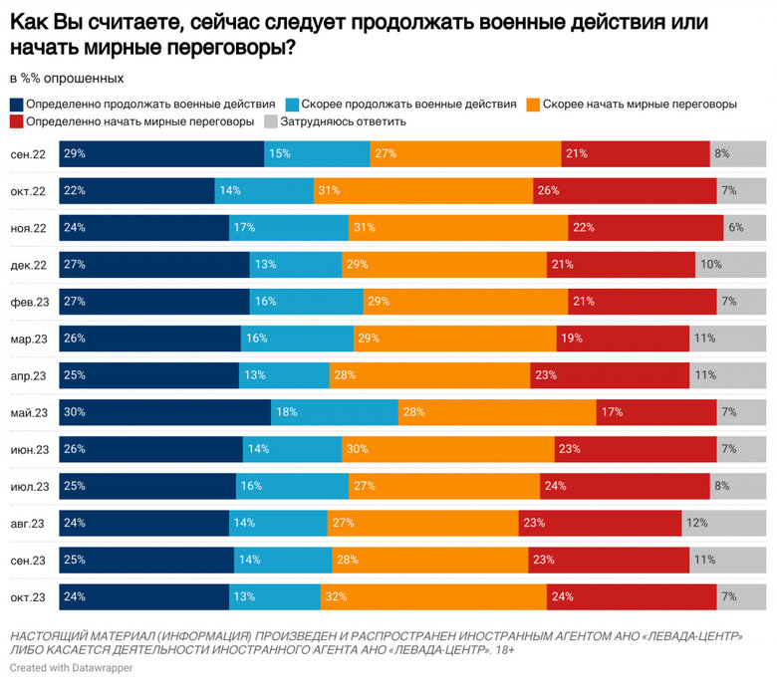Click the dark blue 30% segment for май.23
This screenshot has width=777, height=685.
pos(164,412)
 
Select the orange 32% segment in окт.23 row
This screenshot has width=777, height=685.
pos(433,596)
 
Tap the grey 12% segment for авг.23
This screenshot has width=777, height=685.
pos(724,523)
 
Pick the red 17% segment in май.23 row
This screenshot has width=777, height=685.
pos(656,412)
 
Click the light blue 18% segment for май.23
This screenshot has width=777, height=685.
pos(335,412)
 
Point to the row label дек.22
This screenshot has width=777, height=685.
pos(28,265)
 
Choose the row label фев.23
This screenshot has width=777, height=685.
pos(28,302)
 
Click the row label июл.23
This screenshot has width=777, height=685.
pos(28,486)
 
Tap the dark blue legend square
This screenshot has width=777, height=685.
pos(17,104)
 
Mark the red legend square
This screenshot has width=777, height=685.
pos(17,121)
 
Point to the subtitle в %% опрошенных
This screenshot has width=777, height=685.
pos(66,78)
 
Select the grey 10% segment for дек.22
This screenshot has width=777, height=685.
pos(730,265)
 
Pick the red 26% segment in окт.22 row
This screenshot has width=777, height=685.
pos(625,191)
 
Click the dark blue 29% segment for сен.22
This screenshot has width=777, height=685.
pos(161,154)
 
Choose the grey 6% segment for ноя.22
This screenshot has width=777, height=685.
pos(744,228)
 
